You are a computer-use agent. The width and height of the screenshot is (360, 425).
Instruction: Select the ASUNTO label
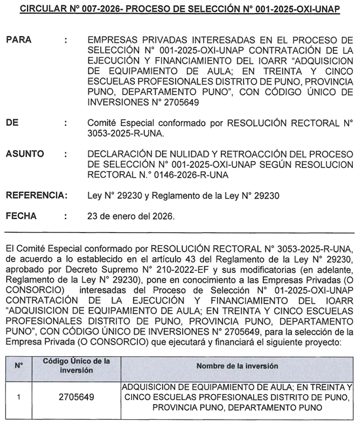point(25,154)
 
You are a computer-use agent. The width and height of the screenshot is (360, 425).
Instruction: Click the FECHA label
point(21,216)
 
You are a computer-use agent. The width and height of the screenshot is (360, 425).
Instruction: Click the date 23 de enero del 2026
point(131,216)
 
